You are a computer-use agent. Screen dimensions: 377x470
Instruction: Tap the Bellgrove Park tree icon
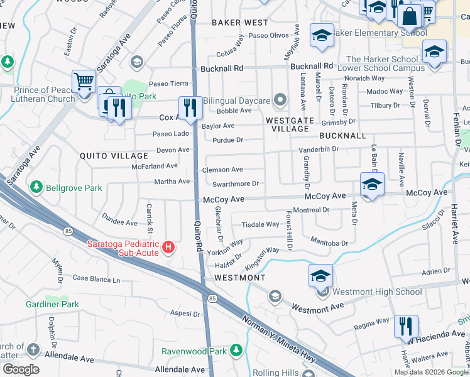click(36, 187)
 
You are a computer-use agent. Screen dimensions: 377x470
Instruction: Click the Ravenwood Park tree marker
click(236, 350)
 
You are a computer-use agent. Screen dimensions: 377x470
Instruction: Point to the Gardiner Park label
click(52, 304)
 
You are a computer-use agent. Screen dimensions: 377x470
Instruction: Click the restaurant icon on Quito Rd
click(189, 107)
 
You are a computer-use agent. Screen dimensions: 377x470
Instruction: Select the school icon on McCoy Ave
click(372, 184)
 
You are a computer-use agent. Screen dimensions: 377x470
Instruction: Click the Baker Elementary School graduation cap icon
click(321, 36)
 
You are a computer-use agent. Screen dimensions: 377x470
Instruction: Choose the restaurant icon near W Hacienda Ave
click(406, 325)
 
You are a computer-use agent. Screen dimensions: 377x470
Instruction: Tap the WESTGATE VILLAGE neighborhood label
click(287, 124)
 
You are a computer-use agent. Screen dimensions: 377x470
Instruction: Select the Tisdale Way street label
click(260, 224)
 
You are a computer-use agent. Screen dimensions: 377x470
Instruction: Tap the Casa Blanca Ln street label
click(96, 278)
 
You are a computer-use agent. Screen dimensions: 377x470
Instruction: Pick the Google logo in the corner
click(21, 369)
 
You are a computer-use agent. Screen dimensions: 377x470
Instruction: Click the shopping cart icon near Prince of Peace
click(83, 81)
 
